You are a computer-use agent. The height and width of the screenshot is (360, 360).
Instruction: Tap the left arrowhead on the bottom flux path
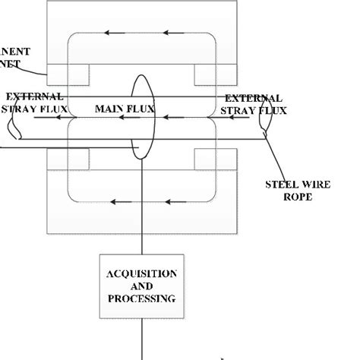pos(113,202)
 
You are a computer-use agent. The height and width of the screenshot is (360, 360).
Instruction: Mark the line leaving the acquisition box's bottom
pos(143,334)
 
